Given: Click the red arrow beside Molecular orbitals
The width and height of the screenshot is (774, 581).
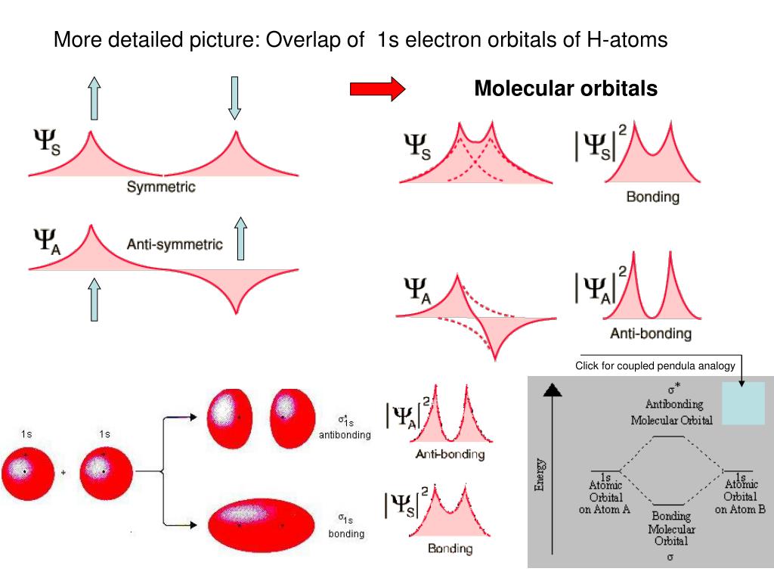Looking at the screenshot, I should pyautogui.click(x=377, y=89).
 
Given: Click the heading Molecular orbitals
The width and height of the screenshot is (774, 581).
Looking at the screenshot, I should pyautogui.click(x=565, y=89).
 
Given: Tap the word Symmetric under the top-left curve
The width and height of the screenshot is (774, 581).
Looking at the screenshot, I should pyautogui.click(x=160, y=187).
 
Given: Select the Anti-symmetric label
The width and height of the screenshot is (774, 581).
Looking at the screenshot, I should pyautogui.click(x=175, y=244).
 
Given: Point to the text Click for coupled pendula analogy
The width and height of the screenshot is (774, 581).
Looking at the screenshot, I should pyautogui.click(x=655, y=366).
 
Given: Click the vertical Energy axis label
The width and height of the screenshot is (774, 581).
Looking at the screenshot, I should pyautogui.click(x=540, y=474).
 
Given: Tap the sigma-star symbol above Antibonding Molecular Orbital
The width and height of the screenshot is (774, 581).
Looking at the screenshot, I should pyautogui.click(x=673, y=391).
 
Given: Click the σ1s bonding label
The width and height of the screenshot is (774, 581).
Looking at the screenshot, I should pyautogui.click(x=345, y=526).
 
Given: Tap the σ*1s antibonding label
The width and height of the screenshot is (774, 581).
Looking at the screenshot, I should pyautogui.click(x=345, y=427).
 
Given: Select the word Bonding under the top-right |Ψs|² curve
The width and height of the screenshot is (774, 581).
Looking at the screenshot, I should pyautogui.click(x=652, y=197).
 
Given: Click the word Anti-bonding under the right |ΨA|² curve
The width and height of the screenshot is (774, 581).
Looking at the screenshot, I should pyautogui.click(x=650, y=334).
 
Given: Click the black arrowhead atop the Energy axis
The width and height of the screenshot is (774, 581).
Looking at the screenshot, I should pyautogui.click(x=554, y=390).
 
